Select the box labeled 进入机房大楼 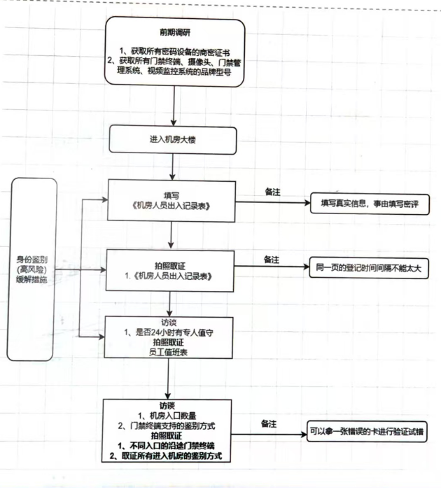(x=172, y=139)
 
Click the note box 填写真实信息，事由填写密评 (x=369, y=203)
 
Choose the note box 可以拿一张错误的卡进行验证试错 (x=367, y=432)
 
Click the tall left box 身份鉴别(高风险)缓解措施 (x=34, y=269)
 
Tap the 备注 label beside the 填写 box (x=272, y=192)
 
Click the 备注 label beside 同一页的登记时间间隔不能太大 (x=272, y=259)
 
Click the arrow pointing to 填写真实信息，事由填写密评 (x=273, y=204)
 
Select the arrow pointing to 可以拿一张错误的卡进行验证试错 (x=269, y=434)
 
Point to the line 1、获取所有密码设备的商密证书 (x=175, y=52)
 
